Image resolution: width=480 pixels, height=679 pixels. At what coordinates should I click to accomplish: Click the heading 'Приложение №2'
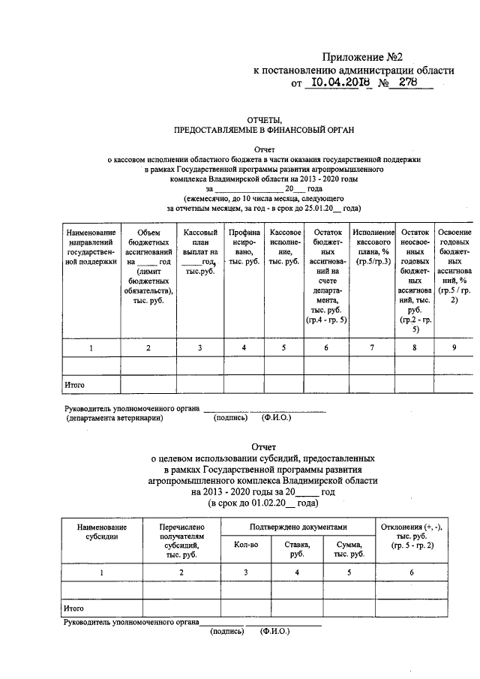367,58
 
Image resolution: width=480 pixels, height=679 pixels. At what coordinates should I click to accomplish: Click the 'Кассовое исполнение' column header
286,248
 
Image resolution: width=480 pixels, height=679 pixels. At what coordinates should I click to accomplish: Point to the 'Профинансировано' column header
244,248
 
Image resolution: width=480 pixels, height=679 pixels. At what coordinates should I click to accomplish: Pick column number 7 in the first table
373,347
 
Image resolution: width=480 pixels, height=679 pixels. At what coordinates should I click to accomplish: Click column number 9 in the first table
453,347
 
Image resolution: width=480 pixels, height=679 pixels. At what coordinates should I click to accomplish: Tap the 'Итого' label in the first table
73,385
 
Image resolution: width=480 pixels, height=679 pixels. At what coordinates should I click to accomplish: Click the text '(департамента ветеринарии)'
114,419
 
